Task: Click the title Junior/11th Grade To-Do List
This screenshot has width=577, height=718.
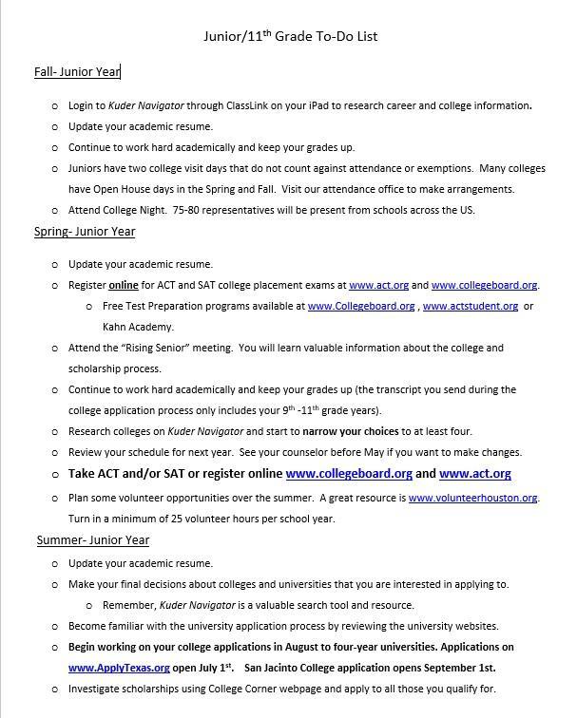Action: pyautogui.click(x=291, y=37)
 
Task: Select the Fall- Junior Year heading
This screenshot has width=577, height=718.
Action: pyautogui.click(x=77, y=72)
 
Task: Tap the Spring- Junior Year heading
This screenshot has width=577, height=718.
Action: pyautogui.click(x=85, y=232)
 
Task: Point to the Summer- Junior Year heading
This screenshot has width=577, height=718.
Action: pyautogui.click(x=93, y=540)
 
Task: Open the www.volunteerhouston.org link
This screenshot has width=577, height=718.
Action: pyautogui.click(x=472, y=498)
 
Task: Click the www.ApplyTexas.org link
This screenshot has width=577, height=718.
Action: pyautogui.click(x=119, y=668)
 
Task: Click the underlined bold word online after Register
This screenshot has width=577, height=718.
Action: pyautogui.click(x=123, y=285)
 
